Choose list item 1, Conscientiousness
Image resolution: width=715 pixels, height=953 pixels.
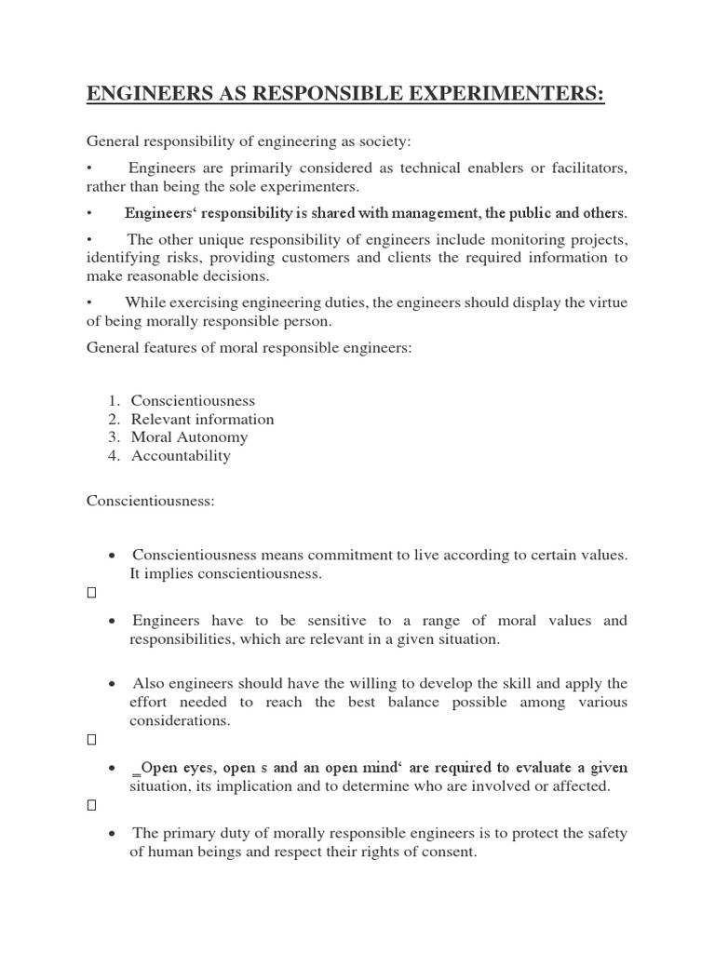coord(193,400)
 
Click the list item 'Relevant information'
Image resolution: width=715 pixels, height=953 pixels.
coord(202,419)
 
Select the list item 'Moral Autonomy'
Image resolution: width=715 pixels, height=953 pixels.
coord(189,437)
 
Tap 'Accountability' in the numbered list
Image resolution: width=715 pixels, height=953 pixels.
coord(181,456)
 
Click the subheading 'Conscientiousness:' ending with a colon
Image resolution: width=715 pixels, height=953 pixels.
coord(151,501)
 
